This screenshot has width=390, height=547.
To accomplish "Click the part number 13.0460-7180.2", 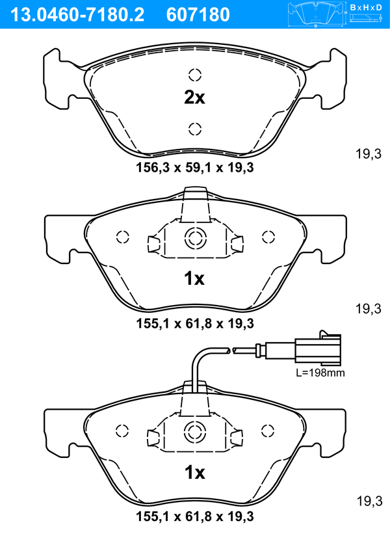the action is (77, 15).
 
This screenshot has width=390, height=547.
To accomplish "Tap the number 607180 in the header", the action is (198, 15).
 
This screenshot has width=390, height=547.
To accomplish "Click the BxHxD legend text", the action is (366, 7).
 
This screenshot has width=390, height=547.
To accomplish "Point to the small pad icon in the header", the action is (317, 14).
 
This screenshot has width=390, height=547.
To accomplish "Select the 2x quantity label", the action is (194, 98).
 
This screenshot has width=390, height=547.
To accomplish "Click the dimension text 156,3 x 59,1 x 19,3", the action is (195, 168).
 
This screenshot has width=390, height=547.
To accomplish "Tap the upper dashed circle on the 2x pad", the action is (195, 74).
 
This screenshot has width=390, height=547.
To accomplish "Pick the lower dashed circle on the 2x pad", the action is (195, 129).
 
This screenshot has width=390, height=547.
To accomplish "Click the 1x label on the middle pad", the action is (194, 278).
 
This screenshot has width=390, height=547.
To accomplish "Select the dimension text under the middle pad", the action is (195, 323).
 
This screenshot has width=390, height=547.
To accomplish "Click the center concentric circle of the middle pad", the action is (195, 238).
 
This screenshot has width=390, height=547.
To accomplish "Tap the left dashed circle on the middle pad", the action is (123, 237).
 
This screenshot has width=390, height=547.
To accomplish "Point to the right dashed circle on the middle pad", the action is (268, 237).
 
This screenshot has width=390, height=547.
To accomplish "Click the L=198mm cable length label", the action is (320, 373).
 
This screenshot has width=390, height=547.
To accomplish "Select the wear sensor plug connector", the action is (318, 349).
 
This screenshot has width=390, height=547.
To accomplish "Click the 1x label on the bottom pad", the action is (194, 473).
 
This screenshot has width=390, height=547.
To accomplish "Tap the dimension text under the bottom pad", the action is (195, 516).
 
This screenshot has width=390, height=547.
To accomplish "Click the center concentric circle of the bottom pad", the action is (194, 432).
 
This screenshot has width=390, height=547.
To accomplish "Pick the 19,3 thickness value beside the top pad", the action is (369, 153).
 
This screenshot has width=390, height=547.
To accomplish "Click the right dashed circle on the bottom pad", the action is (268, 431).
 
